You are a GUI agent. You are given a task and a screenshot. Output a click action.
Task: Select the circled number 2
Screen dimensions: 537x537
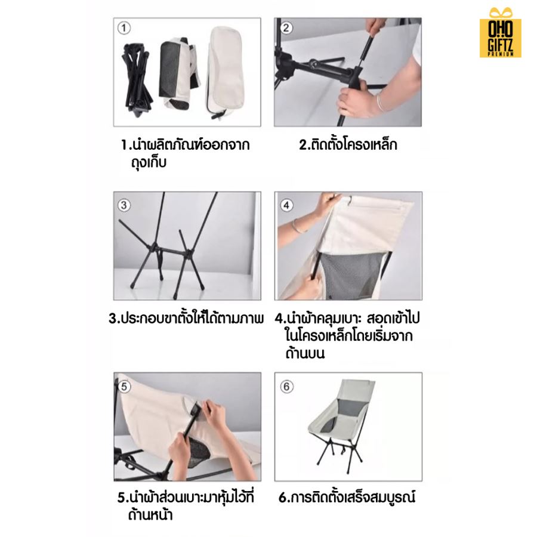coord(286,28)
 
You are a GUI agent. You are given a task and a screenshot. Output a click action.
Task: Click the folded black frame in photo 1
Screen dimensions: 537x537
coord(135,75)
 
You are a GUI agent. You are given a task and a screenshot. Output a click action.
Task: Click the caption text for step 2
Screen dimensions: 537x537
coord(348,144)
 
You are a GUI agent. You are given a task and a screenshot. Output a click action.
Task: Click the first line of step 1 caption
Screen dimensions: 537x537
coord(185,145)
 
